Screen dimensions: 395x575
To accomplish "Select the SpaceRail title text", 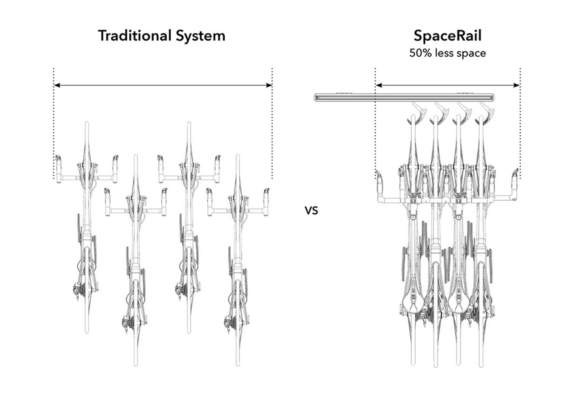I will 447,36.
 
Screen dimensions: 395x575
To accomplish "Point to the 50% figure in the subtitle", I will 420,53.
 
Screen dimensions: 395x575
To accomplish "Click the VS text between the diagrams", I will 311,210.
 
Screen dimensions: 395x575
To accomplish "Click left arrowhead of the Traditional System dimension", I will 56,85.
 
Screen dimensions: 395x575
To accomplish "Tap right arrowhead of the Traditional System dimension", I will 270,85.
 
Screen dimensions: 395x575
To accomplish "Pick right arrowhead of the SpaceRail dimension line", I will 517,85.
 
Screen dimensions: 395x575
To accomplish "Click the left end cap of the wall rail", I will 316,97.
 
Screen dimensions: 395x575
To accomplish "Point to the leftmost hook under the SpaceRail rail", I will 419,110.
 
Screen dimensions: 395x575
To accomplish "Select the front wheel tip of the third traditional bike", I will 189,124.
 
